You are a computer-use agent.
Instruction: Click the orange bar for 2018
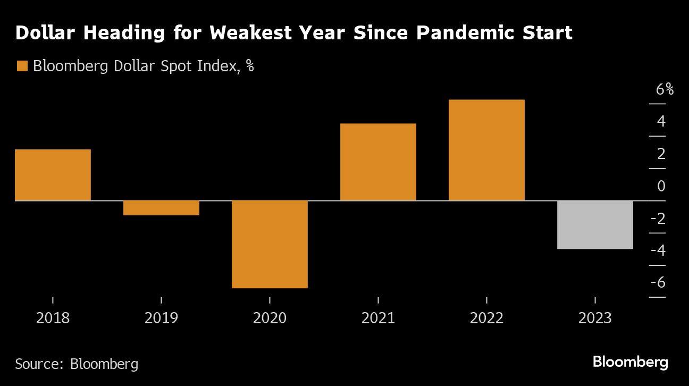coord(53,175)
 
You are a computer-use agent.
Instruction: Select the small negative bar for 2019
coord(161,208)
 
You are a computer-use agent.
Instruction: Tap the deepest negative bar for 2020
coord(270,244)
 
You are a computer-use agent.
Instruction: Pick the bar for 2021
coord(378,162)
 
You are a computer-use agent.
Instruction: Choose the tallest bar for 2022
coord(486,150)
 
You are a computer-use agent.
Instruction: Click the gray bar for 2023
coord(595,224)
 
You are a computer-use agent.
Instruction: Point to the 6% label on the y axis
coord(664,89)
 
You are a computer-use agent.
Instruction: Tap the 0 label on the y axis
coord(661,186)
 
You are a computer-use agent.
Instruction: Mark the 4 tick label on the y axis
coord(661,121)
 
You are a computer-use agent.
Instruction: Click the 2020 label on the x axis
coord(270,318)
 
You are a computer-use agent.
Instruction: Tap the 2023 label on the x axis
coord(595,318)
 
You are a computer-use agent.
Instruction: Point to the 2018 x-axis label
coord(53,318)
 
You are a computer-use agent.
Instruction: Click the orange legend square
coord(22,66)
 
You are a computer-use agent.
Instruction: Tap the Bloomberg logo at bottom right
coord(630,363)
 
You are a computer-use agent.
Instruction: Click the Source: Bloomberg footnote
coord(77,364)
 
